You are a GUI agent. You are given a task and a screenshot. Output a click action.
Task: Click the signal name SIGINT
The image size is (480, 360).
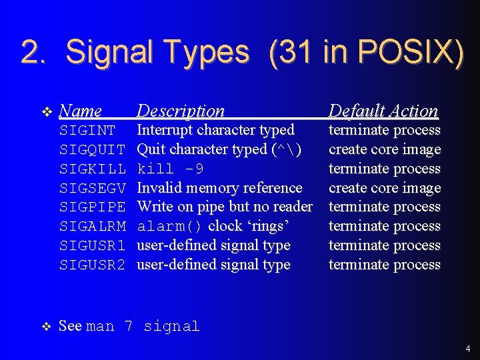(87, 130)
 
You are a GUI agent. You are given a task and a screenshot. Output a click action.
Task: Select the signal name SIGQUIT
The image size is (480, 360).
(92, 149)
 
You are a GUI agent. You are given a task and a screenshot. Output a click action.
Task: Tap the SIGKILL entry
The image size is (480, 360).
(92, 169)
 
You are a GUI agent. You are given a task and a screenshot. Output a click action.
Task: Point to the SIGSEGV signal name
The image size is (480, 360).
(92, 188)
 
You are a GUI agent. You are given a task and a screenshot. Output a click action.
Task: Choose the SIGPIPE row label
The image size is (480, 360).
(92, 207)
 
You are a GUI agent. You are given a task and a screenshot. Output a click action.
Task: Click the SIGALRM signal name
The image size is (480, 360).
(92, 226)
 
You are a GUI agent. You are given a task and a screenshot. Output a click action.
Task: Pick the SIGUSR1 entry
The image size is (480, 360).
(92, 245)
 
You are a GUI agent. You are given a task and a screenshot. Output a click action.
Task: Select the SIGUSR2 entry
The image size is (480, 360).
(92, 265)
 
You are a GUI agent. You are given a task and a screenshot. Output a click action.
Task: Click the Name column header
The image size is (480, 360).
(80, 111)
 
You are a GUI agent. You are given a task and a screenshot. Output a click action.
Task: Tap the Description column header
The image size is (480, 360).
(181, 111)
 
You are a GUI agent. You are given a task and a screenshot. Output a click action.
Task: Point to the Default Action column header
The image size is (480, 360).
(383, 111)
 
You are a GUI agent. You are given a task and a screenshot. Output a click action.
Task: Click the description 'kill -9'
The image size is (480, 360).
(171, 169)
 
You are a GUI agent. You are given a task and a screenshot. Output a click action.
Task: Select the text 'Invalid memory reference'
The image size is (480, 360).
(219, 188)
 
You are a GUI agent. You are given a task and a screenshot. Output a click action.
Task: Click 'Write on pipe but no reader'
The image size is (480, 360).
(225, 207)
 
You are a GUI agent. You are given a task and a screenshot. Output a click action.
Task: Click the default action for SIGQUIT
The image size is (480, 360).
(385, 149)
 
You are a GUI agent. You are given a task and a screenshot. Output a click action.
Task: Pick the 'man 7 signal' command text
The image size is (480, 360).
(143, 326)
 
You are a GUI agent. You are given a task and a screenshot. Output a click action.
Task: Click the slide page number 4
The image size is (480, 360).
(468, 348)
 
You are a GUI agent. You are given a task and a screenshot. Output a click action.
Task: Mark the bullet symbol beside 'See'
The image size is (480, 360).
(45, 326)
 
